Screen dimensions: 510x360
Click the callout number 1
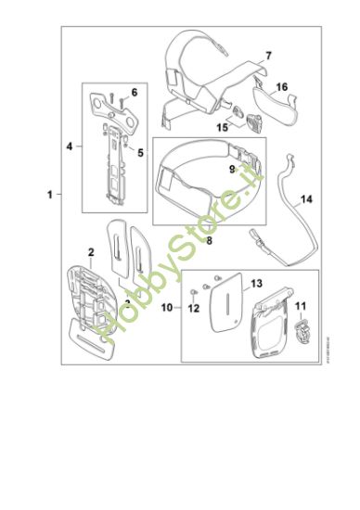tap(48, 195)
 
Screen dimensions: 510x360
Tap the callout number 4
tap(70, 146)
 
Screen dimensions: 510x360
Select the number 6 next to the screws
tap(134, 92)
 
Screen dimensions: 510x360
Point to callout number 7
tap(267, 57)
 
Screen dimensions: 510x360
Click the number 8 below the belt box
tap(211, 239)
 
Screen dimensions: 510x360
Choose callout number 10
tap(167, 306)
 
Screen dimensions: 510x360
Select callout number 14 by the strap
tap(306, 198)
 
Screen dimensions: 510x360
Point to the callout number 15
tap(223, 127)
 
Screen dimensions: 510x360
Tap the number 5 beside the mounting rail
tap(140, 152)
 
